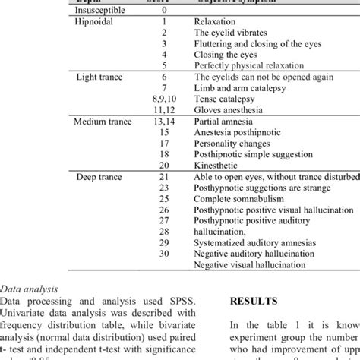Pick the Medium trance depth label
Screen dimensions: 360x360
click(x=103, y=121)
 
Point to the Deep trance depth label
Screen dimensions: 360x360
click(x=98, y=175)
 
